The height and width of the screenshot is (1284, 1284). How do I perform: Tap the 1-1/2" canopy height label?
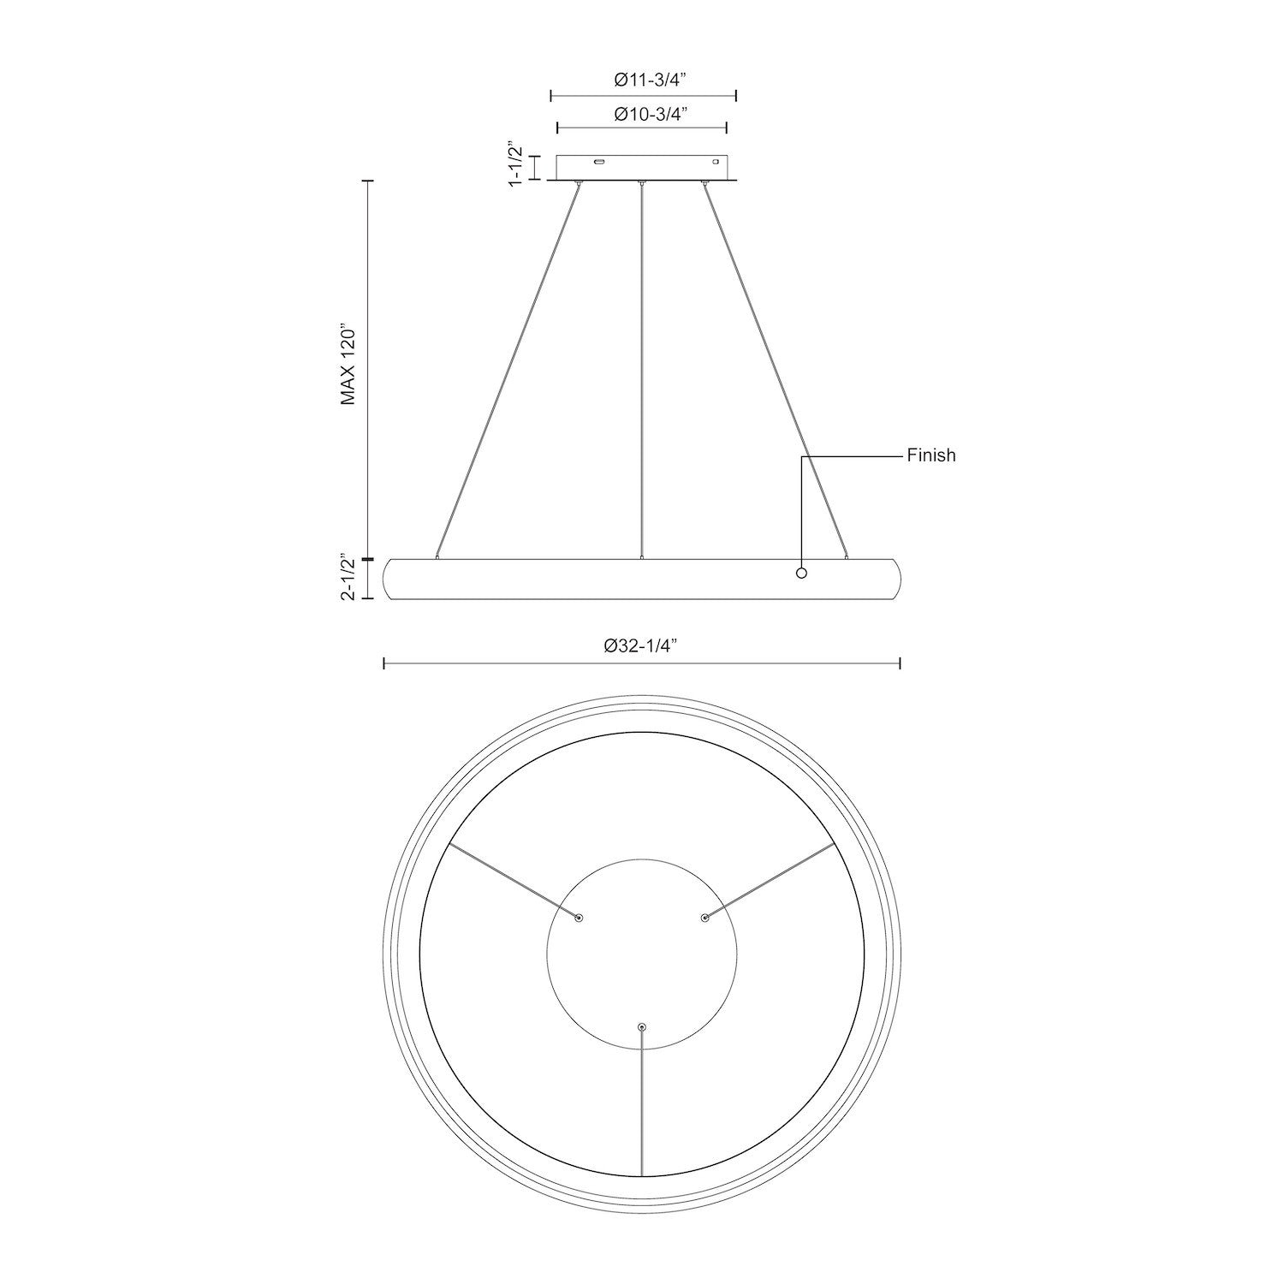click(x=515, y=164)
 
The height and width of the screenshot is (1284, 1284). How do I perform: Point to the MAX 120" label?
click(x=348, y=365)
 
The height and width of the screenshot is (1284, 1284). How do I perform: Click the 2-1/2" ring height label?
click(x=348, y=578)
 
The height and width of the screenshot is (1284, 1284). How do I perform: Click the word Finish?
click(x=931, y=455)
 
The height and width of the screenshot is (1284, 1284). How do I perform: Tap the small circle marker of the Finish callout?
click(x=801, y=573)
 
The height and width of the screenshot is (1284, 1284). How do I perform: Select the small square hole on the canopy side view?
click(x=716, y=161)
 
